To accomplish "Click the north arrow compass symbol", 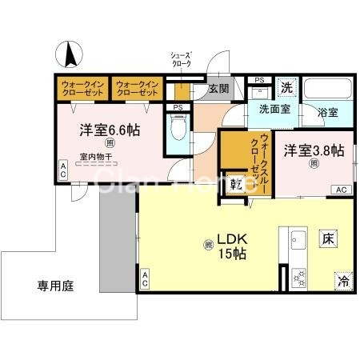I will tap(70, 54).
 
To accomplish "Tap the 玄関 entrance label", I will tap(219, 89).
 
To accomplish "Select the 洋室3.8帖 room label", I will tap(313, 150).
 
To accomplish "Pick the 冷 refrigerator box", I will tap(343, 281).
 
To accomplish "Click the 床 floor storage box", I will tap(328, 238).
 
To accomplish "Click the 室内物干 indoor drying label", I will tap(94, 157).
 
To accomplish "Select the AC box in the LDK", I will tap(146, 280).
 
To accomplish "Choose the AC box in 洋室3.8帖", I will tap(339, 190).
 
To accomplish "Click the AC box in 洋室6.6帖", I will tap(62, 170).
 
